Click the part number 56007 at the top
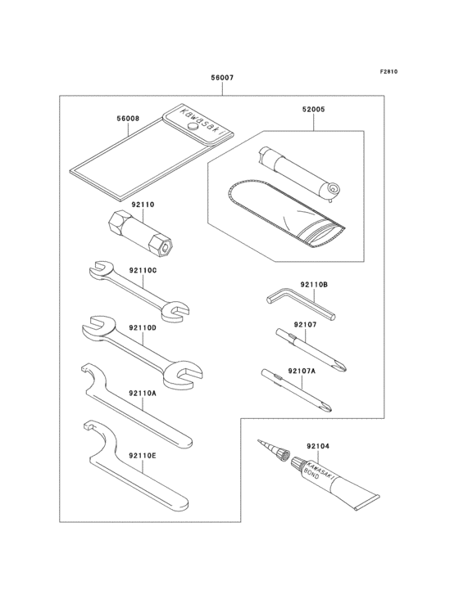tap(222, 79)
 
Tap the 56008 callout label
tap(128, 118)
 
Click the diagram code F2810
tap(388, 72)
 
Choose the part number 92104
tap(317, 447)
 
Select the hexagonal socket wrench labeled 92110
tap(144, 232)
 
